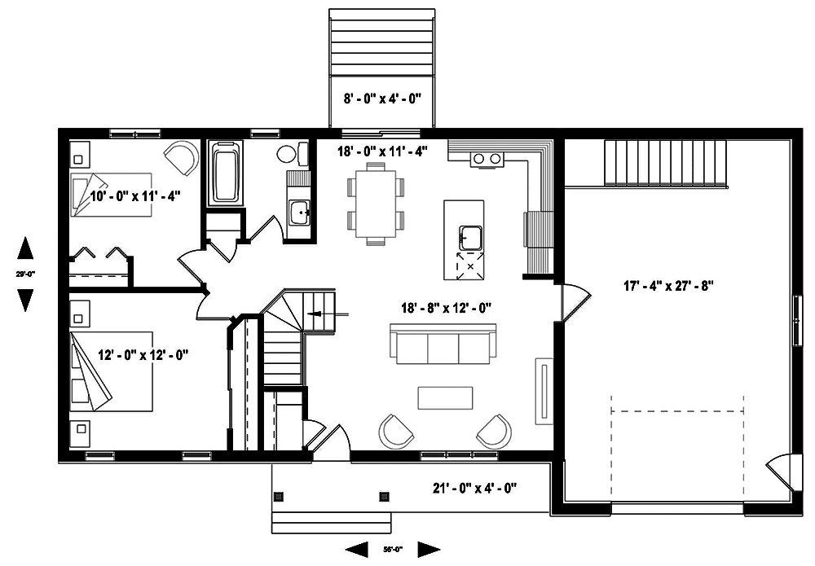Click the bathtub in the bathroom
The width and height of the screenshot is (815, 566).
(225, 173)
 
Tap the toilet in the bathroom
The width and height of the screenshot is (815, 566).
(290, 153)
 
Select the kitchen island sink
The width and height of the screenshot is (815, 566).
(471, 238)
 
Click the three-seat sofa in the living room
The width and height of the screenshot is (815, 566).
(443, 344)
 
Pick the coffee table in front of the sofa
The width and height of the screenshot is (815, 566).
(445, 397)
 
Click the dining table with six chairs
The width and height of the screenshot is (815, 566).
(375, 203)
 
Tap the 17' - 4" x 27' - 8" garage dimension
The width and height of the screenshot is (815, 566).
(668, 286)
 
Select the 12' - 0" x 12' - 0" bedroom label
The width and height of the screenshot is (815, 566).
(143, 354)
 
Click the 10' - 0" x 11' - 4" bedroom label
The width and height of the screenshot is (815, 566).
(134, 195)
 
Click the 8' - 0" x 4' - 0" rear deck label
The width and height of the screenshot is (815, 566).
(381, 99)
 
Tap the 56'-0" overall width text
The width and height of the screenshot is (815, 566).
(394, 549)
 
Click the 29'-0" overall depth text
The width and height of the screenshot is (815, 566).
(25, 274)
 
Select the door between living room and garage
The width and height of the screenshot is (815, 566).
(571, 301)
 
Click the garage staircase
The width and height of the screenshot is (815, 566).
(665, 162)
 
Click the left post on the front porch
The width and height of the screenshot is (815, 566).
(279, 494)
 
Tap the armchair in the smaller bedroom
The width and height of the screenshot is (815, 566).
(182, 156)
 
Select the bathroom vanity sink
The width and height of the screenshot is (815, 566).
(300, 213)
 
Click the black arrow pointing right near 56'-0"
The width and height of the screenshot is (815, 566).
(429, 550)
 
